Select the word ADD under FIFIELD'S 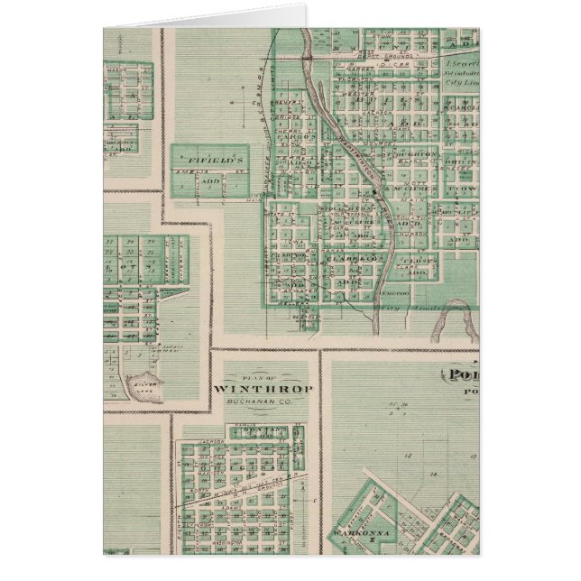coord(211,180)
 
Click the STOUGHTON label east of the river coord(417,154)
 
